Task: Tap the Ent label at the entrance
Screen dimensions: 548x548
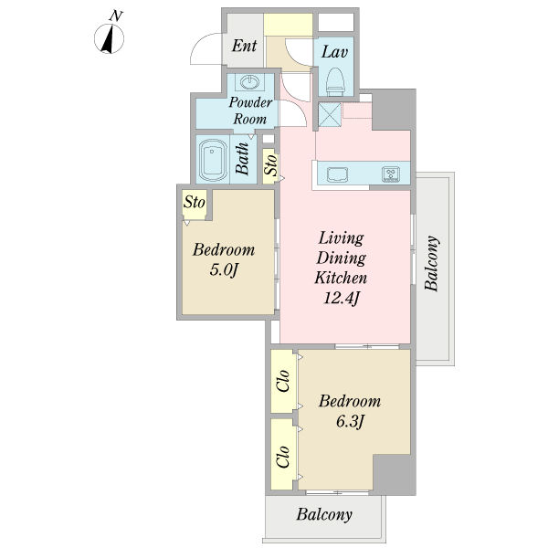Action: [x=244, y=46]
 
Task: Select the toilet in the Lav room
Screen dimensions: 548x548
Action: [x=335, y=82]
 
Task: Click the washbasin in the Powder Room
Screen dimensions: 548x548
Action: [x=250, y=82]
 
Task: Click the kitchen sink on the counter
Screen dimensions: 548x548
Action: [x=337, y=174]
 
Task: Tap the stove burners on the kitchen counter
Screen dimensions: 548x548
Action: [x=391, y=174]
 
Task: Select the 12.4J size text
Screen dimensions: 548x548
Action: [x=342, y=298]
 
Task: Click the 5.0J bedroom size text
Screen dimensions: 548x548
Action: [x=224, y=269]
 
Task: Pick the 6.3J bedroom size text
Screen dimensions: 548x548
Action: [x=350, y=421]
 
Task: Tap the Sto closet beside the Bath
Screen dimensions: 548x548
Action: [x=270, y=165]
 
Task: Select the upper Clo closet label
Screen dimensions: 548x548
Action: [x=283, y=380]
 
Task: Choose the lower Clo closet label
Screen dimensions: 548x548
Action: [x=283, y=457]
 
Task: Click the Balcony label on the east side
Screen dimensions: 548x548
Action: [x=431, y=263]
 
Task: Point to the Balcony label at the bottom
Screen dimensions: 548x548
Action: [x=324, y=514]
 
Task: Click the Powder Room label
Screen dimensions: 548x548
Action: [x=250, y=111]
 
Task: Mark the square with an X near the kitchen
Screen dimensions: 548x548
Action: [x=330, y=114]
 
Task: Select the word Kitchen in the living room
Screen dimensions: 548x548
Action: [x=341, y=278]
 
